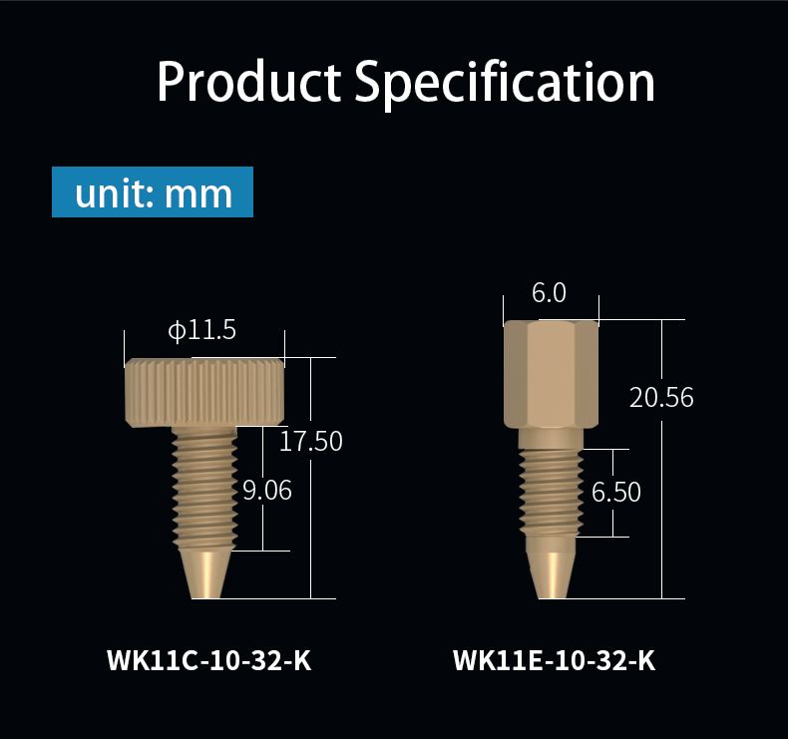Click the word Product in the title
click(x=248, y=82)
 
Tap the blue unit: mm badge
click(x=153, y=191)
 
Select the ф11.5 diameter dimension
click(x=202, y=330)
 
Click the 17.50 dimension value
click(x=310, y=441)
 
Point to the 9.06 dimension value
click(x=267, y=490)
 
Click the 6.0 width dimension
click(x=549, y=292)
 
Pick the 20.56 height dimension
click(x=661, y=397)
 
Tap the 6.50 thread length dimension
click(x=616, y=492)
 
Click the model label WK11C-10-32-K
click(x=209, y=660)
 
